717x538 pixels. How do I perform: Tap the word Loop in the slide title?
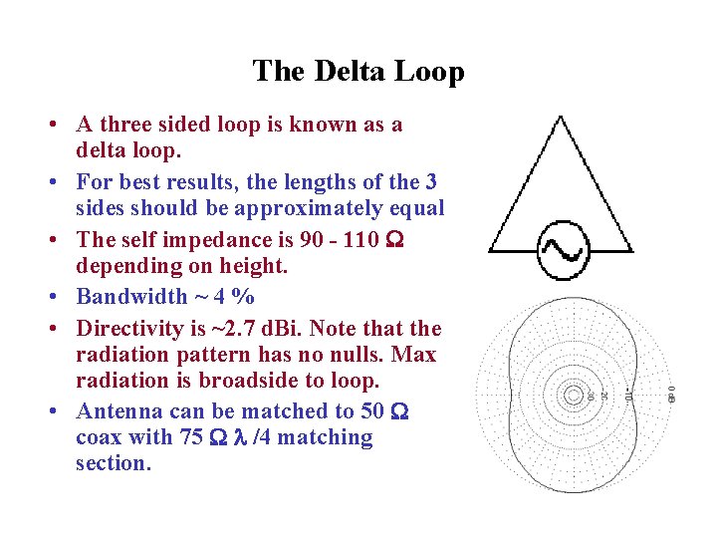click(x=430, y=72)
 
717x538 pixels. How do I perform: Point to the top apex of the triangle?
click(x=560, y=119)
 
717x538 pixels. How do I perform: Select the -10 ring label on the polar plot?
click(x=628, y=395)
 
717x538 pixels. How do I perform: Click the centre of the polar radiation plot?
click(x=573, y=395)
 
